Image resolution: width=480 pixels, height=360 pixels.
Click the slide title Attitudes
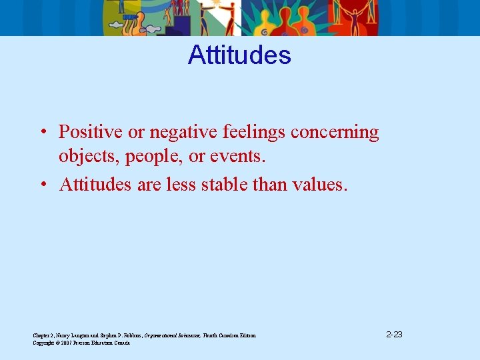pyautogui.click(x=239, y=55)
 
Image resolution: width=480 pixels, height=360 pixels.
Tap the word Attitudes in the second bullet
pyautogui.click(x=96, y=184)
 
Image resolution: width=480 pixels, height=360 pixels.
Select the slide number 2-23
pyautogui.click(x=393, y=334)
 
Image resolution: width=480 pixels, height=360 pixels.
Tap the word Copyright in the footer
pyautogui.click(x=44, y=343)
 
